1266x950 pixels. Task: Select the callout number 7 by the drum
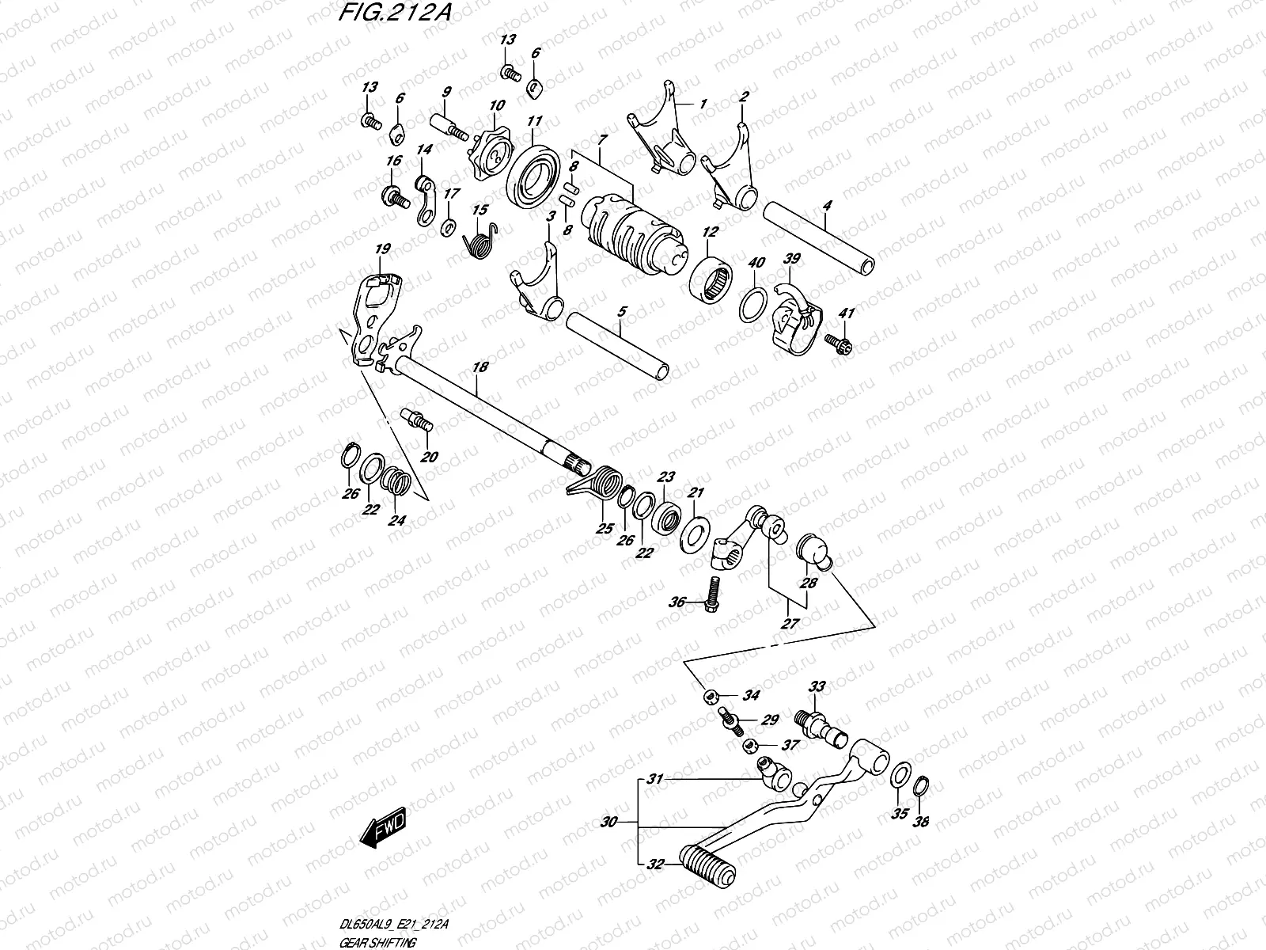tap(603, 139)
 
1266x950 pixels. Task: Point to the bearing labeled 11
tap(534, 173)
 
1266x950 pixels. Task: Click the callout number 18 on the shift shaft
tap(480, 367)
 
